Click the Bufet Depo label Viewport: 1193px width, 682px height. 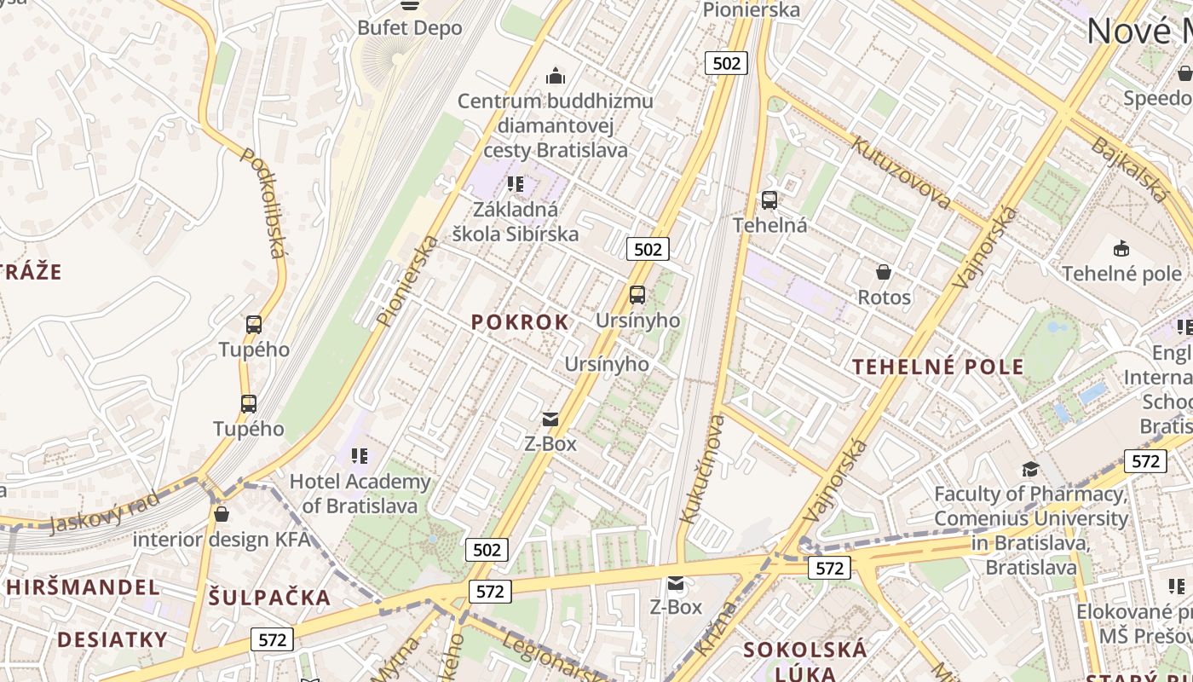point(409,28)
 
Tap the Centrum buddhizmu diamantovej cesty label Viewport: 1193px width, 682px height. point(556,125)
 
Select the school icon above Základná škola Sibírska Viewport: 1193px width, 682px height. point(515,184)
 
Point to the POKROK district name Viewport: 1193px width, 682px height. point(520,322)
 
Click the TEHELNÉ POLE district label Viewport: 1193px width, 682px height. point(938,367)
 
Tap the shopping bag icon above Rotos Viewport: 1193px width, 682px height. point(884,272)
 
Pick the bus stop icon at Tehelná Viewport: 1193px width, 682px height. point(769,200)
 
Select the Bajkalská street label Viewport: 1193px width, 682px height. point(1128,168)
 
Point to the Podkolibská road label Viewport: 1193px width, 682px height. point(262,203)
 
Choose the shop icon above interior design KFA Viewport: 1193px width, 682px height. point(222,514)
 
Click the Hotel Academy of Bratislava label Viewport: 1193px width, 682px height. point(360,494)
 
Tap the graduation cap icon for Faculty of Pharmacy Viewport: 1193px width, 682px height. point(1030,469)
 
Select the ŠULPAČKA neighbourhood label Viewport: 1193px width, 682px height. point(269,598)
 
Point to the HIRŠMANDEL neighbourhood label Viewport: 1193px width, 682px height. point(84,587)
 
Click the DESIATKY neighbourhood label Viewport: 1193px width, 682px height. point(112,639)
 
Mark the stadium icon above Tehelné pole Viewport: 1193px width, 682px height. point(1121,249)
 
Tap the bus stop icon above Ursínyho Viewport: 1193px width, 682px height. point(637,295)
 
